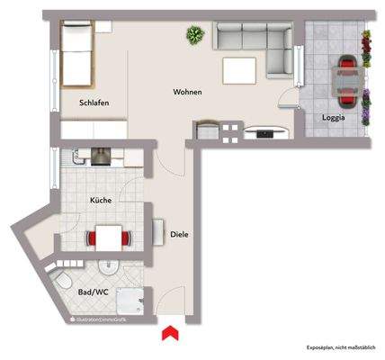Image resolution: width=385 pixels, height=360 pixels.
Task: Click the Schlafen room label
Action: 94,103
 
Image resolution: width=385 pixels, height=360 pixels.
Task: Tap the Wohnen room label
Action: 187,93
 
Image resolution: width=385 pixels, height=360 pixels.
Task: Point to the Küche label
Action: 101,202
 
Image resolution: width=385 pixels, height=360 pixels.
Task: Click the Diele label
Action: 179,236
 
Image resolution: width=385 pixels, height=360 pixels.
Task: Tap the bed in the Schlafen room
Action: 77,52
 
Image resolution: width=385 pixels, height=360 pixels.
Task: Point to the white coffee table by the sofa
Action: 241,68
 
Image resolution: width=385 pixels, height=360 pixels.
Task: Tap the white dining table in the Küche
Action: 109,238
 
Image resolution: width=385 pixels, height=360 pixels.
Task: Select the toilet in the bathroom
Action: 65,285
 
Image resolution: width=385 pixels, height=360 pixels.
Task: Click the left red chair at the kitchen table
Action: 90,238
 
